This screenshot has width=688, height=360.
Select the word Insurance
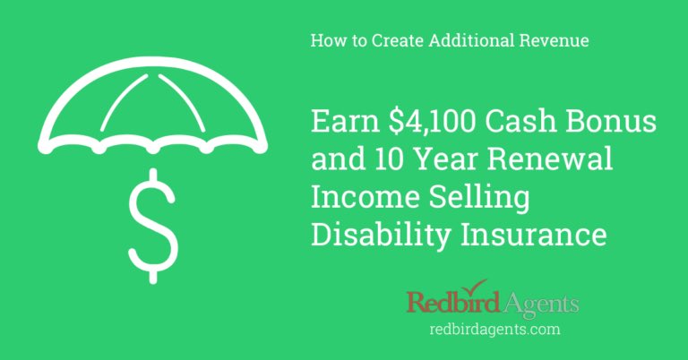pyautogui.click(x=532, y=236)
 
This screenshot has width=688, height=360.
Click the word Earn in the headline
pyautogui.click(x=342, y=122)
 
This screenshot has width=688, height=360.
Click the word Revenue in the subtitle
pyautogui.click(x=555, y=41)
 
